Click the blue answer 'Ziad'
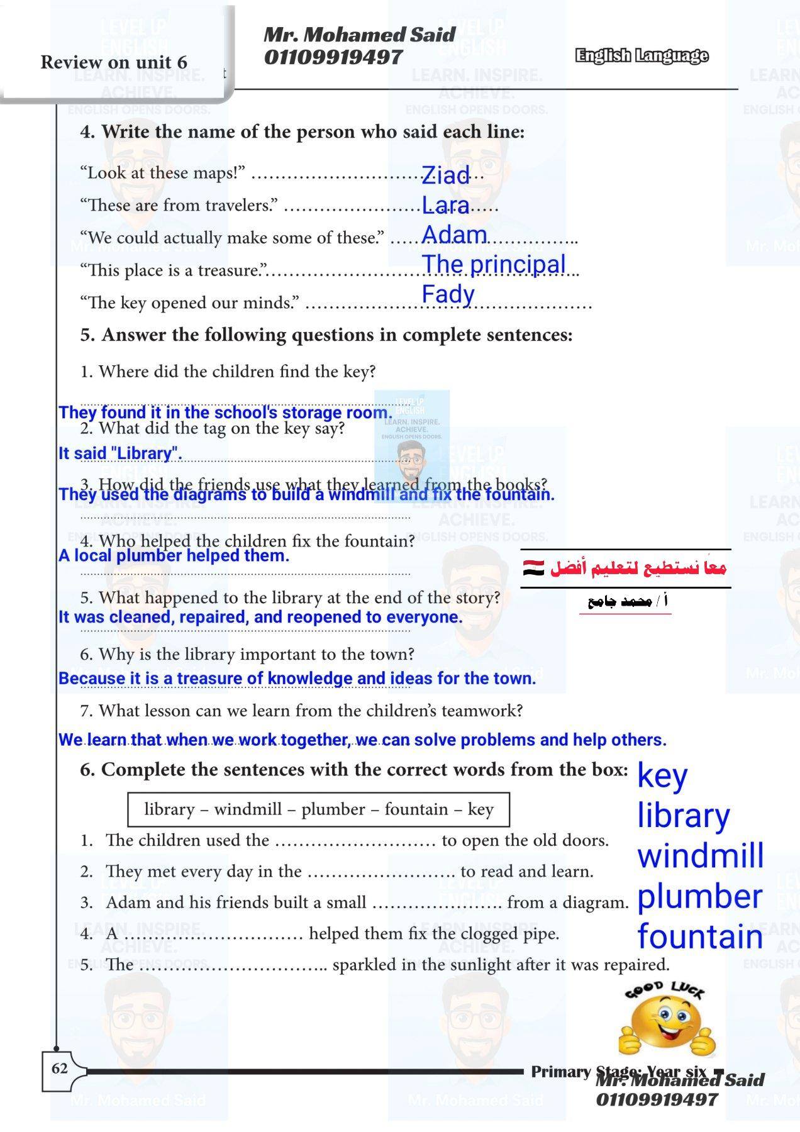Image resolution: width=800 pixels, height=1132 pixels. (445, 175)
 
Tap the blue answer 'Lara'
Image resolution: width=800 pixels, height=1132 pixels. (445, 205)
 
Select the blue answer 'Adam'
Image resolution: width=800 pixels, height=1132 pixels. (454, 235)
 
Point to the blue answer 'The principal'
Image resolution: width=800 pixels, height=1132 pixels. (494, 264)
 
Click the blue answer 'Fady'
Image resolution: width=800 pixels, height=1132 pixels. (448, 294)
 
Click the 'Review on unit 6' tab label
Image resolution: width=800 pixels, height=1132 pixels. (114, 62)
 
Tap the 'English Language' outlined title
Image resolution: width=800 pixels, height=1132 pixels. (641, 56)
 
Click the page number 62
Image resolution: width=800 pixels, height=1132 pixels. (60, 1068)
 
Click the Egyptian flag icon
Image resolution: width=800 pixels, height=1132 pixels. (534, 568)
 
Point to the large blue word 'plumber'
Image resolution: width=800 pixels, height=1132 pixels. (699, 896)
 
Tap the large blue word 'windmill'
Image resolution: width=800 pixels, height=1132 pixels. (700, 856)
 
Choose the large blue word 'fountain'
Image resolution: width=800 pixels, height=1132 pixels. (700, 936)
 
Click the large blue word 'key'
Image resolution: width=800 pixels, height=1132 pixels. (662, 777)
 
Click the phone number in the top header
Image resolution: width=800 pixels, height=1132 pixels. (333, 57)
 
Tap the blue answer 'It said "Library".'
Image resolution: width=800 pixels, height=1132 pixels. (120, 453)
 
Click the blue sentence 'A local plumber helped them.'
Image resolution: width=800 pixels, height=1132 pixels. (174, 556)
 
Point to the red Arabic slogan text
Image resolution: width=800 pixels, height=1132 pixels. (638, 569)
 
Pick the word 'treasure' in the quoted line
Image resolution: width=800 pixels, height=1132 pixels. (228, 270)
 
